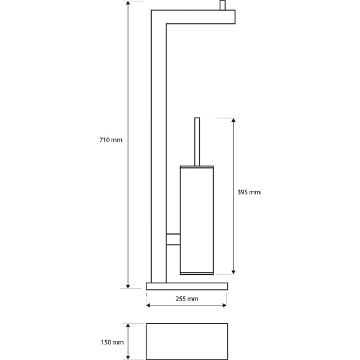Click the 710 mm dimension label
111,140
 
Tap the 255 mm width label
187,298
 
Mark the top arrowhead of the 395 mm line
233,120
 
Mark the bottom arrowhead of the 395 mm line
233,270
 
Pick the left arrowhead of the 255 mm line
148,307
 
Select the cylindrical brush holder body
196,219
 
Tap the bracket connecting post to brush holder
173,239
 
